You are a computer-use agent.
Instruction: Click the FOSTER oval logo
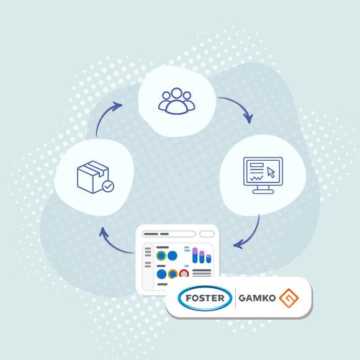point(205,298)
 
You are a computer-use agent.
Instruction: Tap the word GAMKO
point(257,298)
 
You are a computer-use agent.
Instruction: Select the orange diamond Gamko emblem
point(289,298)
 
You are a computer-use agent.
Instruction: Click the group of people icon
point(176,101)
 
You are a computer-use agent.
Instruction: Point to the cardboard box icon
point(93,177)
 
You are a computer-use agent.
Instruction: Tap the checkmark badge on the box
point(108,186)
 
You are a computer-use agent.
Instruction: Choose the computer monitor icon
point(263,176)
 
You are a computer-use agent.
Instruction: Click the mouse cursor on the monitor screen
point(271,173)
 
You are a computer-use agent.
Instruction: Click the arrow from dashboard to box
point(112,245)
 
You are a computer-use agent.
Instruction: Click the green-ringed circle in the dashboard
point(161,256)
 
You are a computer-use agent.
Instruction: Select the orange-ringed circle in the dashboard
point(173,274)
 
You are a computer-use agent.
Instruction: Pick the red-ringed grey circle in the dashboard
point(184,273)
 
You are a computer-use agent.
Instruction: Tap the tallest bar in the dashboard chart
point(195,255)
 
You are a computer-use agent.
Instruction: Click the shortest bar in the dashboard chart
point(209,259)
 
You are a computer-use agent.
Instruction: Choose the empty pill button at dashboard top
point(207,234)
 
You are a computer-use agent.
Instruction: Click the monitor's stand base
point(263,192)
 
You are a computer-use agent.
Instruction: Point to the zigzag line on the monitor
point(256,178)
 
